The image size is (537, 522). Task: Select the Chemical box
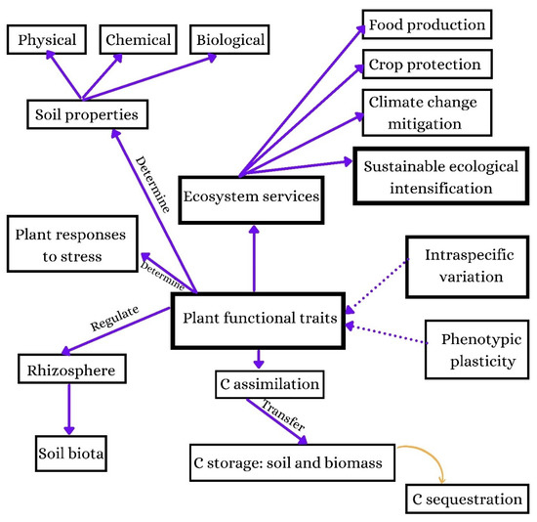coord(139,41)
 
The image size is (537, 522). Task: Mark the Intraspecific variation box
coord(464,266)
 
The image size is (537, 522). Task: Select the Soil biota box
coord(68,455)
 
